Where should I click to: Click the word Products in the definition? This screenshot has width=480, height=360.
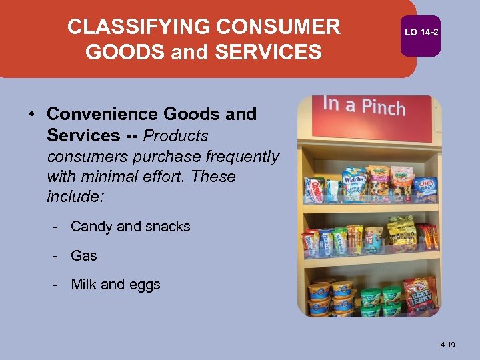point(176,136)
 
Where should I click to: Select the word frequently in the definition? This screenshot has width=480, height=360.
point(242,157)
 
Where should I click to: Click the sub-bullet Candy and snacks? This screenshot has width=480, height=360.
point(130,227)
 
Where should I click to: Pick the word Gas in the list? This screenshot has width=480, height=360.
point(84,256)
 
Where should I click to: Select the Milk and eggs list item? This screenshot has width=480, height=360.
point(115,285)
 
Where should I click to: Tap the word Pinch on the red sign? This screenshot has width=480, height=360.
point(383,107)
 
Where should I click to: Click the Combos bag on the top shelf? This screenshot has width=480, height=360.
point(313,189)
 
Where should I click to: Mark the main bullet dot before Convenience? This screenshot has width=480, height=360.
point(31,115)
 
